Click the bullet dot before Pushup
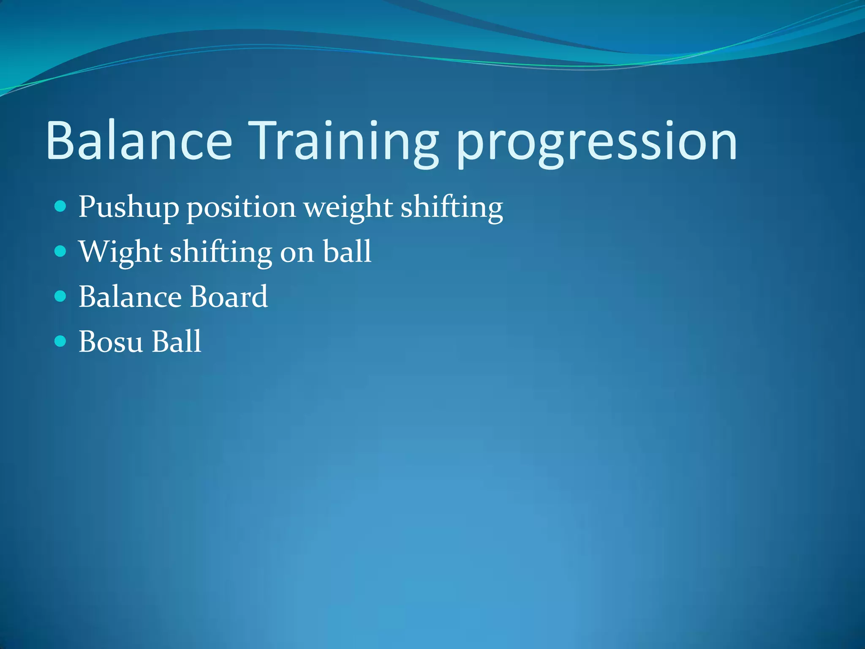(61, 207)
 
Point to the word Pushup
(129, 207)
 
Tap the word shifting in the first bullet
(452, 207)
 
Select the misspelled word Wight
(120, 252)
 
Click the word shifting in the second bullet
(221, 252)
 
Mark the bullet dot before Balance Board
(61, 296)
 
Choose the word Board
(228, 297)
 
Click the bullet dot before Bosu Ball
(61, 341)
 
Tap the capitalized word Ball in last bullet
(177, 341)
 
